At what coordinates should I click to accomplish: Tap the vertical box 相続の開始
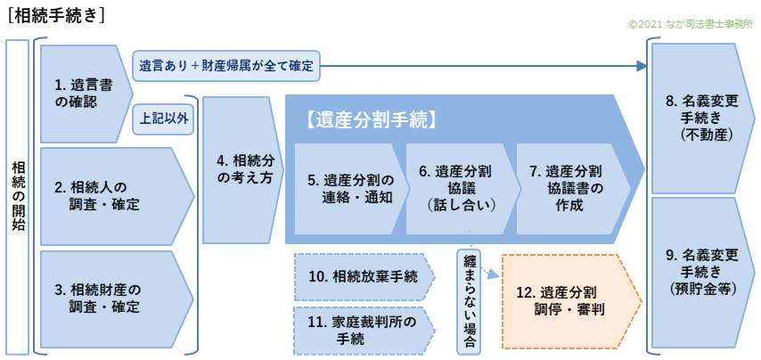(19, 196)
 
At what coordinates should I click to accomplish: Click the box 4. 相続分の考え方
(237, 169)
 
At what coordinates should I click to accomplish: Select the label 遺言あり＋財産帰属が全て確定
(226, 65)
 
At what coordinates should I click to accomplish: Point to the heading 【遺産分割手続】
(370, 119)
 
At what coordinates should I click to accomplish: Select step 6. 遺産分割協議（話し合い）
(459, 189)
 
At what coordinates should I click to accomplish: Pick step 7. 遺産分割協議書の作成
(570, 189)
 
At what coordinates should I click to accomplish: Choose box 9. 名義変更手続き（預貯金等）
(699, 272)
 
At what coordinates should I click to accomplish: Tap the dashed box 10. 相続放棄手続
(361, 277)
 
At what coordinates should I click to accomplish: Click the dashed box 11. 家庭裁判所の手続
(361, 331)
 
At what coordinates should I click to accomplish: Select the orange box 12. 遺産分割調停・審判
(570, 300)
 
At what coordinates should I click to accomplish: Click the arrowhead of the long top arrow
(643, 65)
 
